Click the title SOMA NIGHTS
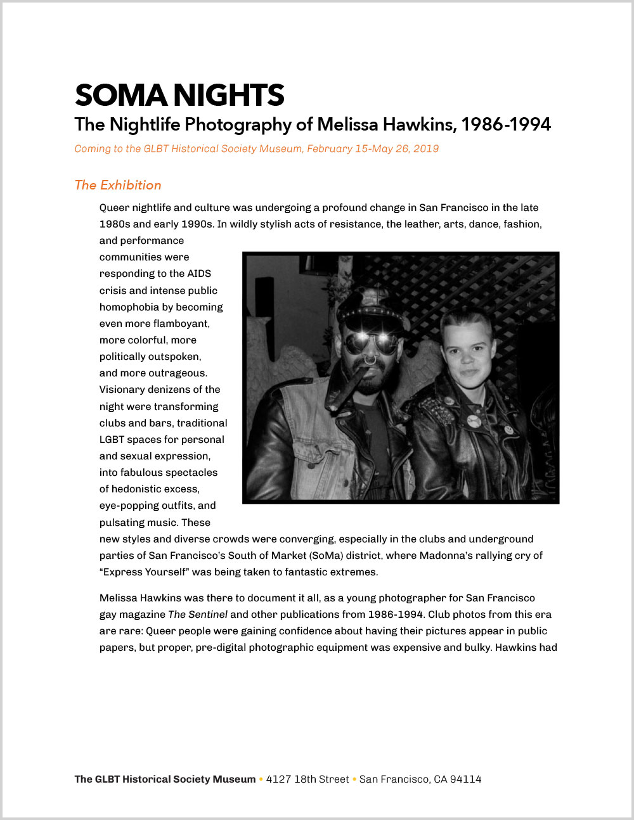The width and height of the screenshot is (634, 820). click(x=179, y=96)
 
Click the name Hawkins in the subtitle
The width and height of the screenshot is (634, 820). click(x=419, y=124)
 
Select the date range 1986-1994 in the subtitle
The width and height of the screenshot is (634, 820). click(x=505, y=124)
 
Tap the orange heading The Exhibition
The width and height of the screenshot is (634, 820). click(x=118, y=185)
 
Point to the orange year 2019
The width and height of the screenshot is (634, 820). click(x=426, y=149)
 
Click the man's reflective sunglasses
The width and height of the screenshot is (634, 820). click(x=372, y=343)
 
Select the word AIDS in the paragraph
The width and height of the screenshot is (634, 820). click(x=199, y=274)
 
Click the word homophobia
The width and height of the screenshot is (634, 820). click(x=129, y=307)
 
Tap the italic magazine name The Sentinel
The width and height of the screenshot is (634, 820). click(x=198, y=614)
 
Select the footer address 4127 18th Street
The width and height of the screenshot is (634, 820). click(x=307, y=779)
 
